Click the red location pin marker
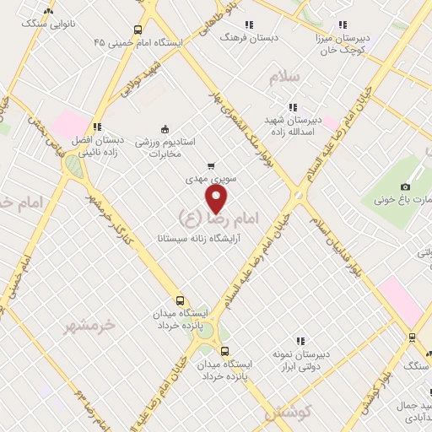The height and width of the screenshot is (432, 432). pos(217,199)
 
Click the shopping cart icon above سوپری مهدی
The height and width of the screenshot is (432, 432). pos(210,166)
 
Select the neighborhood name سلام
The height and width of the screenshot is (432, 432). pos(285,78)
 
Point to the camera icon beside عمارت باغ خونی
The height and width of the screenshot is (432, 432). pos(406,186)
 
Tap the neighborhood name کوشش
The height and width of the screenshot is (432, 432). pos(288,413)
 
